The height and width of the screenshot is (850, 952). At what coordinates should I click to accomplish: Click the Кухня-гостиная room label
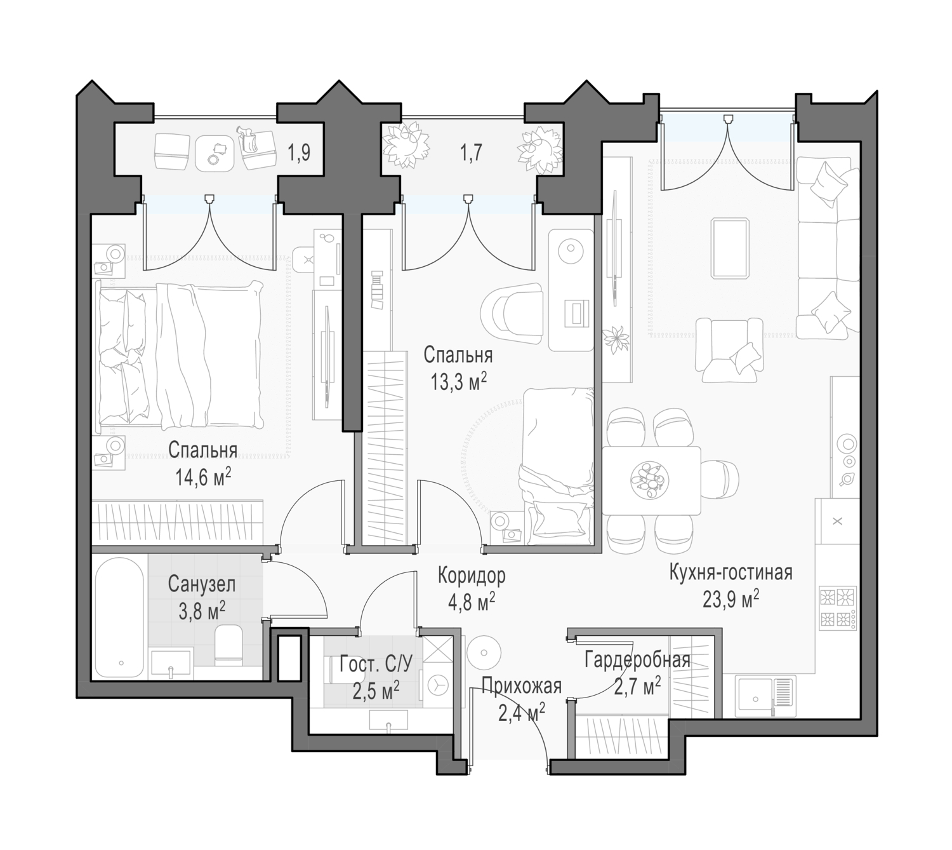point(731,573)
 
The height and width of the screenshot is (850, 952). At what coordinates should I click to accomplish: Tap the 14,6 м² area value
point(204,478)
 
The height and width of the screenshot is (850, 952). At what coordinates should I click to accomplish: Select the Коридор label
point(472,576)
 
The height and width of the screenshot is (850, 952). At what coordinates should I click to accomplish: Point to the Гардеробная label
point(637,661)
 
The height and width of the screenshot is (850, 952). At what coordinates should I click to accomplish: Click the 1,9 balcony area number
point(299,152)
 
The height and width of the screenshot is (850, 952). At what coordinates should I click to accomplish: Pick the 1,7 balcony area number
point(471,152)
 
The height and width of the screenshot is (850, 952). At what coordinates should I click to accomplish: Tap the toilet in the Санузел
point(229,644)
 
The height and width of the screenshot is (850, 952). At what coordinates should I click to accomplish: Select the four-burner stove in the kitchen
point(838,608)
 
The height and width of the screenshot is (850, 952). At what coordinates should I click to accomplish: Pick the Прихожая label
point(522,686)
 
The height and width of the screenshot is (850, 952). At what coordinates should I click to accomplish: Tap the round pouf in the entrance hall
point(484,652)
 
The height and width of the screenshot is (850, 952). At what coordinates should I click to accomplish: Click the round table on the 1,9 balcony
point(215,153)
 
